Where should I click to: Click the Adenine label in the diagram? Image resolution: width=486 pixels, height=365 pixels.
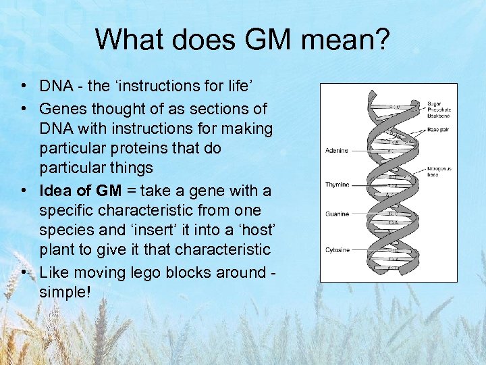point(337,151)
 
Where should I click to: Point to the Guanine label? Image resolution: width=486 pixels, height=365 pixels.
point(337,214)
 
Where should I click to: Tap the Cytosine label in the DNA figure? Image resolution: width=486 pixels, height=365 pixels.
point(337,249)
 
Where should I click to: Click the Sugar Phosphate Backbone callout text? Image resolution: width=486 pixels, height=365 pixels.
point(439,109)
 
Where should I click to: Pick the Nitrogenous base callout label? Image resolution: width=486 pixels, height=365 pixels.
point(439,172)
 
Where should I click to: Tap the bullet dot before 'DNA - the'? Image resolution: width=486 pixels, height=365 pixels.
point(24,87)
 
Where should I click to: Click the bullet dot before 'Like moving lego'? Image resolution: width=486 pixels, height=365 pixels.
point(24,272)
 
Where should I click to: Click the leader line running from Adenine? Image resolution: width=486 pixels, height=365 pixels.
point(369,151)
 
